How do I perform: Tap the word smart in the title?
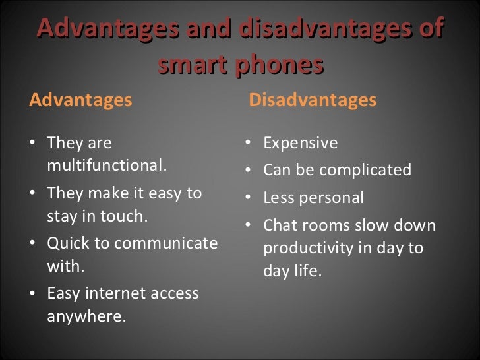(x=189, y=65)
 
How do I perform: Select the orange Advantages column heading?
(x=80, y=100)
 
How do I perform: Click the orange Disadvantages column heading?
(x=313, y=100)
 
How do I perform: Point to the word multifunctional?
(x=107, y=165)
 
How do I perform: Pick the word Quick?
(x=69, y=243)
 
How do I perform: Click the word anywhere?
(x=86, y=316)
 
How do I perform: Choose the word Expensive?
(x=300, y=143)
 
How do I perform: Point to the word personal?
(x=332, y=198)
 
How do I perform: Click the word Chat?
(x=280, y=225)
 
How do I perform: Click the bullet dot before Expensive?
(x=247, y=144)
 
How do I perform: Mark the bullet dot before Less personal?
(x=247, y=198)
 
